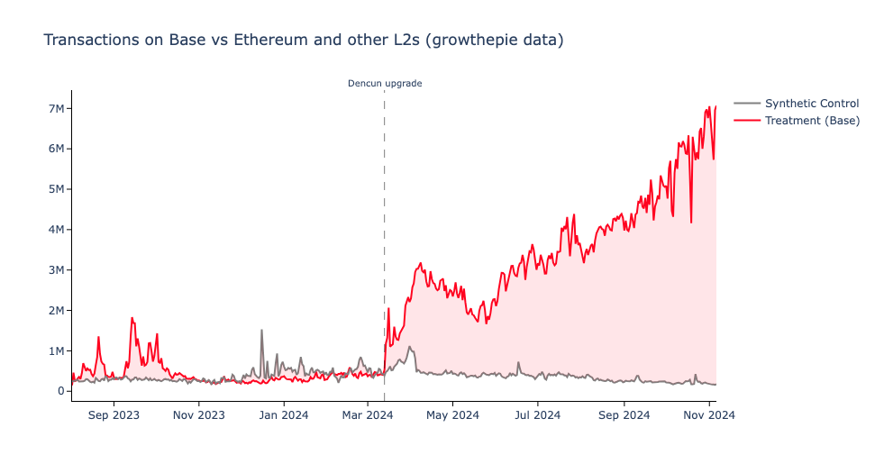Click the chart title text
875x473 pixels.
click(303, 41)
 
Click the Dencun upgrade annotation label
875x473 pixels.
click(385, 84)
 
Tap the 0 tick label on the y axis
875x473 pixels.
click(60, 391)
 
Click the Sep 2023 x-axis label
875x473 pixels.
click(114, 415)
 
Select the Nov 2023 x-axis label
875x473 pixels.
click(199, 415)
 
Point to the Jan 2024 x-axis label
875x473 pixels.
click(284, 415)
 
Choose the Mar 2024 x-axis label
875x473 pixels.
click(368, 415)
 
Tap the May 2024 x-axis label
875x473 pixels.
click(452, 415)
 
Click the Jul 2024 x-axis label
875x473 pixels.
click(537, 415)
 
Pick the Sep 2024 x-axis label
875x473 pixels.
click(624, 415)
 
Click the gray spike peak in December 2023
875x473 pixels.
click(261, 331)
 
